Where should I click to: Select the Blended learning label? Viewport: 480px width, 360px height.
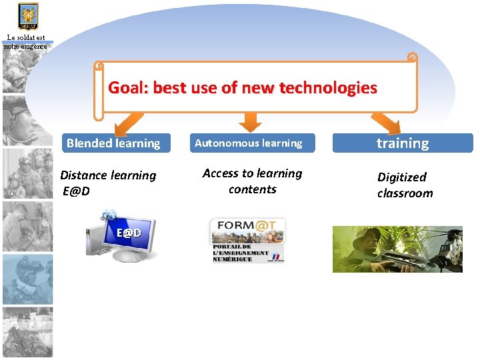point(113,143)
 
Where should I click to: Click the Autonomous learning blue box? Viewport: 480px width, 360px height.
point(248,143)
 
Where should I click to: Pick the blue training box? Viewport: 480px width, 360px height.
point(403,143)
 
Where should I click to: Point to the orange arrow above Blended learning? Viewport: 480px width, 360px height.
point(128,123)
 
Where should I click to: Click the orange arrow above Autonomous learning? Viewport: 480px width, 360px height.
point(249,121)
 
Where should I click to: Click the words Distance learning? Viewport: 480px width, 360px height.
point(108,175)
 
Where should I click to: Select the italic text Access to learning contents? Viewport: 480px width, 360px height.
point(252,181)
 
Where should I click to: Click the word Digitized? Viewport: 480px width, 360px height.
point(401,177)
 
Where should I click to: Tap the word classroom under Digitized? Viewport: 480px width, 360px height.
point(405,193)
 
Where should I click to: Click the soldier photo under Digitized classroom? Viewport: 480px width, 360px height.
point(397,249)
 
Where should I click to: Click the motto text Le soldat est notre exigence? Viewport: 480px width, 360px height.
point(25,43)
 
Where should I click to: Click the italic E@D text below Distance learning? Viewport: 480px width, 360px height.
point(77,192)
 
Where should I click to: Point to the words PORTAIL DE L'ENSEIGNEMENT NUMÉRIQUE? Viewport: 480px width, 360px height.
point(241,253)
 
